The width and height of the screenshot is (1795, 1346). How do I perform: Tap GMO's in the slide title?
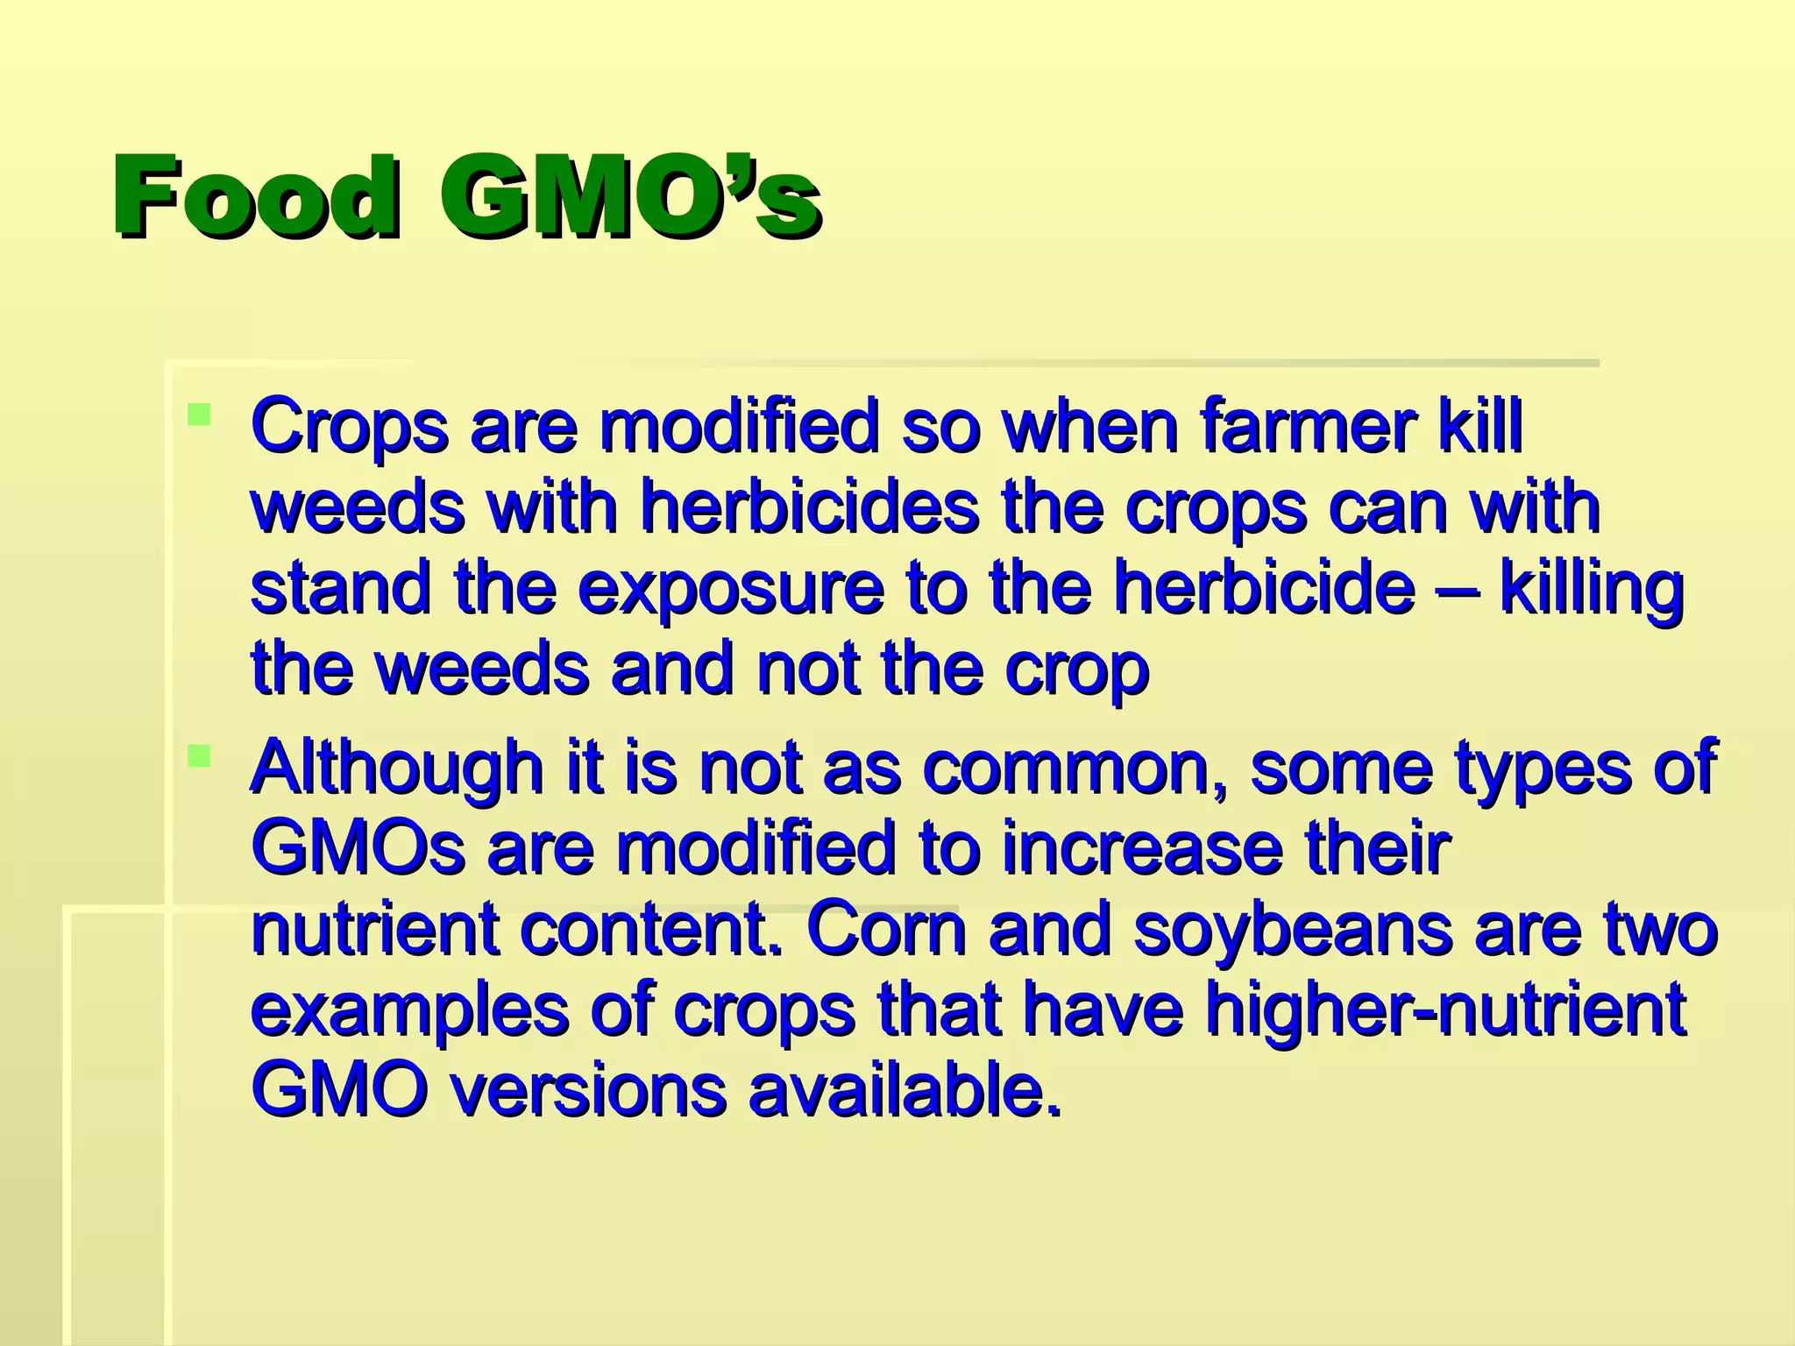click(629, 198)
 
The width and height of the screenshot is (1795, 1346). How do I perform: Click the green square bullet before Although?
click(200, 754)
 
